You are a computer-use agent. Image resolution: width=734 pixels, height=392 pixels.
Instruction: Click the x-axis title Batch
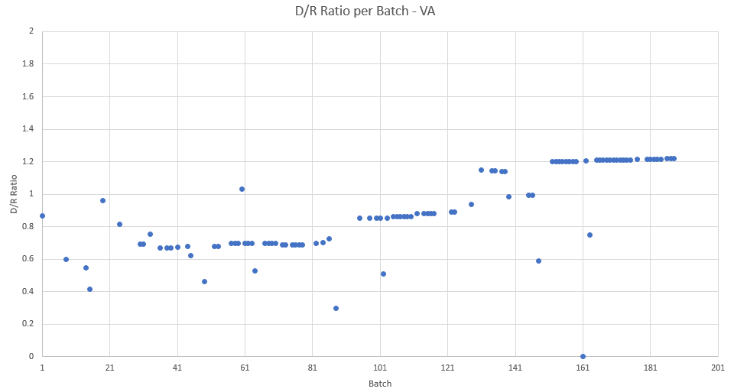click(x=379, y=383)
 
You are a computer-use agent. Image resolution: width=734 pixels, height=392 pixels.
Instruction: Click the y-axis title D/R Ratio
click(x=14, y=194)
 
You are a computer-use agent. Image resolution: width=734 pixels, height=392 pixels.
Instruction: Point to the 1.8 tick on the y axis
click(x=29, y=64)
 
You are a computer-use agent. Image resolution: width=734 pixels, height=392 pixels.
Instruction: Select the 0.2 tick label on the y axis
click(x=29, y=324)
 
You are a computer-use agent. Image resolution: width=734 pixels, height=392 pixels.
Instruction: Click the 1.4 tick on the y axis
click(x=29, y=129)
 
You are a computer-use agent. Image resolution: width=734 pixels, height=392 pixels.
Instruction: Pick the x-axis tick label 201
click(x=718, y=367)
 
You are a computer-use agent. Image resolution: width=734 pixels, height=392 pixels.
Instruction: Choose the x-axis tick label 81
click(x=312, y=367)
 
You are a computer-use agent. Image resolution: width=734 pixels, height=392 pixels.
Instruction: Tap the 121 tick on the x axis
click(x=447, y=367)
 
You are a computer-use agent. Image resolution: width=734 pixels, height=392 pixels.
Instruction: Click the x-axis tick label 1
click(x=42, y=367)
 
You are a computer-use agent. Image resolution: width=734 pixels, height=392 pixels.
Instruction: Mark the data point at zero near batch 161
click(x=583, y=356)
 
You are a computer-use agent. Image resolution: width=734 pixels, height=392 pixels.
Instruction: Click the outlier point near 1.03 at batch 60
click(x=242, y=189)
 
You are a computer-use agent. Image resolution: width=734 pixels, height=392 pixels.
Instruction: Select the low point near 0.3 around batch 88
click(x=336, y=308)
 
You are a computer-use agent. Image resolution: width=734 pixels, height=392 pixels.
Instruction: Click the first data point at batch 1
click(x=42, y=215)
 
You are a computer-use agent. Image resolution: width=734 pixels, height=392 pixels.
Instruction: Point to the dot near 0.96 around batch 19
click(x=102, y=200)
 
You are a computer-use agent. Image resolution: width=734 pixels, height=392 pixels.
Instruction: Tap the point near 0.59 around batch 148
click(x=538, y=261)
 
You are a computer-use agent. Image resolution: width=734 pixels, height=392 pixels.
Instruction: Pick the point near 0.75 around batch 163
click(x=589, y=235)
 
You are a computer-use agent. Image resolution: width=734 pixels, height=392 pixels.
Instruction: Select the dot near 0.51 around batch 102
click(x=383, y=274)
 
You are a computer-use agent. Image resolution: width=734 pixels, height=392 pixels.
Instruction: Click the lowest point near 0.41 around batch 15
click(x=89, y=289)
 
